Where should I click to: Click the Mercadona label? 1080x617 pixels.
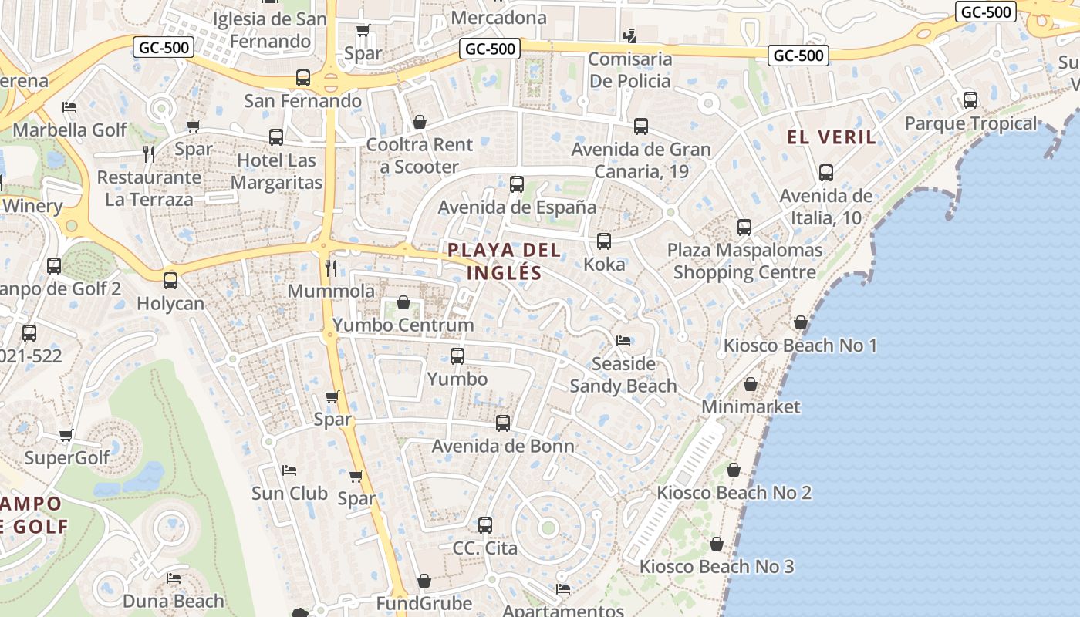(498, 17)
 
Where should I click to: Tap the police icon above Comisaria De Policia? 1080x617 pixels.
(630, 35)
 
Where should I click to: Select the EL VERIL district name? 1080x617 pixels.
(832, 137)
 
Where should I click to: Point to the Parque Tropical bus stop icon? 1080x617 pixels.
(970, 99)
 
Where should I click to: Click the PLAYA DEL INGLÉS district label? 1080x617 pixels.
(505, 261)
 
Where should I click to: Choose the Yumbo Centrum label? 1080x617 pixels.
(403, 325)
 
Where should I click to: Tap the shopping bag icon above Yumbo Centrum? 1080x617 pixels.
(403, 302)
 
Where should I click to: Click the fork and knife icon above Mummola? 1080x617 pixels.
(331, 268)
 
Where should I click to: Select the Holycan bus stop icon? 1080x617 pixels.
(170, 281)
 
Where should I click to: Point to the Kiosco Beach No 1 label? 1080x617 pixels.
(800, 345)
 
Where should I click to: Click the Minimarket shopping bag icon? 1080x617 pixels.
(751, 384)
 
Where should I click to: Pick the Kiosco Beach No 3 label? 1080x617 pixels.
(716, 567)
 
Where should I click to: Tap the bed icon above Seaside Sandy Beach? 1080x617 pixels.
(623, 340)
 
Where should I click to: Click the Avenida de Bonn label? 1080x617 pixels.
(503, 446)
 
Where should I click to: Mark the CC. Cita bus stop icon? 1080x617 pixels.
(485, 525)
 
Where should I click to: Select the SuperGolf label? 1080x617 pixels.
(67, 458)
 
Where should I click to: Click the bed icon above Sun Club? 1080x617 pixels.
(289, 470)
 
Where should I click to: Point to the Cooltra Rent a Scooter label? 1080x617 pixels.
(420, 155)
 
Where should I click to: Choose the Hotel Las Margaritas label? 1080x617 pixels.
(276, 171)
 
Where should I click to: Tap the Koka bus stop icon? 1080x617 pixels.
(604, 241)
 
